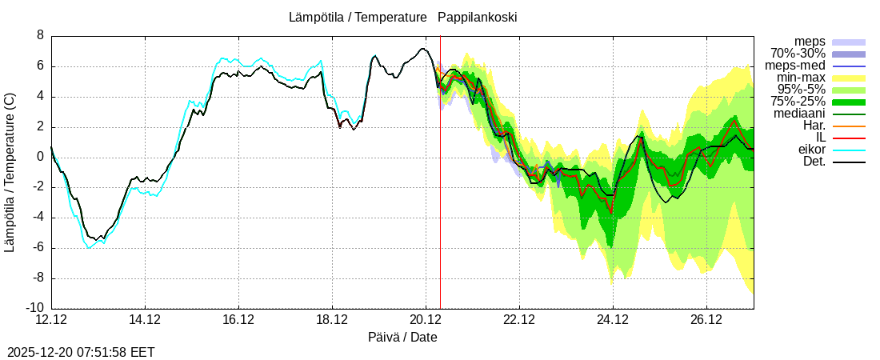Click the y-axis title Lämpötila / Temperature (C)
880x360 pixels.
(10, 172)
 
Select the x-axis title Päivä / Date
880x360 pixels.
(402, 338)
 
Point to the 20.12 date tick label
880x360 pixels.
(426, 321)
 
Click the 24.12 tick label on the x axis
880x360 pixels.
(613, 321)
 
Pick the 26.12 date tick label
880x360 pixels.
(706, 321)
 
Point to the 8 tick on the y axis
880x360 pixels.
(40, 36)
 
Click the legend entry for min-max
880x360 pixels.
(801, 78)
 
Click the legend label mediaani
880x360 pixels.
(799, 114)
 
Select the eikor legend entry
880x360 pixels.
(812, 150)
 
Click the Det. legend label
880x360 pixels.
(814, 162)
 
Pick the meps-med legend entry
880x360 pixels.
(795, 66)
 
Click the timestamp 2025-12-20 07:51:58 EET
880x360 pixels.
(81, 352)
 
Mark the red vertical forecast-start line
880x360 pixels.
(440, 200)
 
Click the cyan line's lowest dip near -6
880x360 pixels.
(89, 247)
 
